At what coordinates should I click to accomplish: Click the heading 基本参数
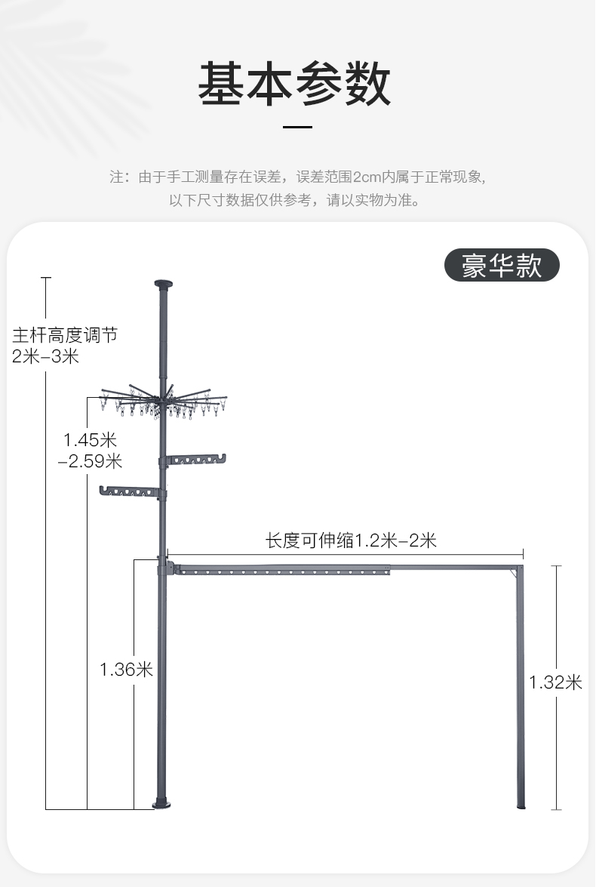point(295,84)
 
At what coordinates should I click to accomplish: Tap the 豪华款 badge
point(502,265)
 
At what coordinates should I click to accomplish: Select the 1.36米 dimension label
point(126,669)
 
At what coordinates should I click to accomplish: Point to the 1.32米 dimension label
point(555,682)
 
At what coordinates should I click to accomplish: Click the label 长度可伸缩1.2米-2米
point(351,541)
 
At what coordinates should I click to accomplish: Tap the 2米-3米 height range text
point(46,356)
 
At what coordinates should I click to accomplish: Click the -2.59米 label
point(90,460)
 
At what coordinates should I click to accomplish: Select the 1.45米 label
point(90,439)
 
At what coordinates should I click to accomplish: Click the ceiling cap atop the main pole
point(163,285)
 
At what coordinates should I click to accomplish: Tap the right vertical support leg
point(521,687)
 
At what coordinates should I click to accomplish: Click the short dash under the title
point(297,127)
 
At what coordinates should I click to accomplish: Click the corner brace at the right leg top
point(516,574)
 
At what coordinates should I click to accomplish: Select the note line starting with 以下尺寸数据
point(294,200)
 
